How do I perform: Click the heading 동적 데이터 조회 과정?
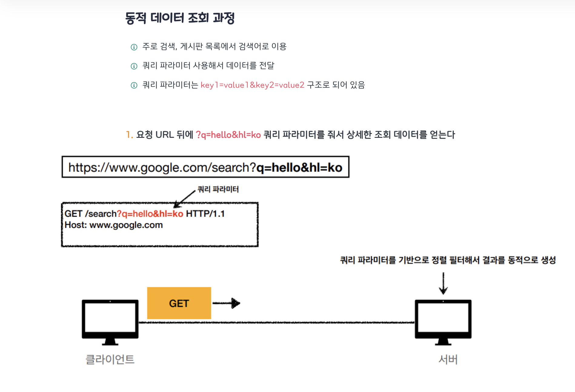[180, 18]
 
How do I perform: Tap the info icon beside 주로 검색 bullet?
[134, 47]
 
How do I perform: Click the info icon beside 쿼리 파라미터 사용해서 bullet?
[134, 66]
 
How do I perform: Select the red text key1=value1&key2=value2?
[252, 85]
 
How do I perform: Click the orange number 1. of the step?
[129, 135]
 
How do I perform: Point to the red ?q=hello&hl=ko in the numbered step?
[228, 135]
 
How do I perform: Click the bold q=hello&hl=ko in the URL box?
[299, 168]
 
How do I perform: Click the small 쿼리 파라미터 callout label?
[218, 189]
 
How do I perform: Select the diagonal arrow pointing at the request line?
[185, 198]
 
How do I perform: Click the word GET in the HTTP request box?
[73, 214]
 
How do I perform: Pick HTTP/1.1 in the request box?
[205, 214]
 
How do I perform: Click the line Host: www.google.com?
[114, 225]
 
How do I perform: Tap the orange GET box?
[179, 303]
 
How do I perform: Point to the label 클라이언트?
[110, 359]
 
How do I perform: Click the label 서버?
[448, 359]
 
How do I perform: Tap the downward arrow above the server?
[443, 283]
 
